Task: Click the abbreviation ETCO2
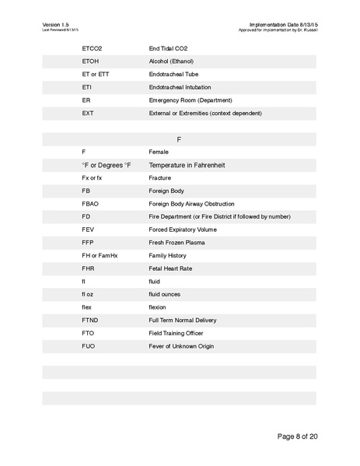[92, 48]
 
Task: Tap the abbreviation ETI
[86, 87]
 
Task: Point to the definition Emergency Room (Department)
[189, 100]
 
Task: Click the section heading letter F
[179, 139]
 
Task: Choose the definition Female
[159, 152]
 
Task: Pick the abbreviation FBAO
[89, 204]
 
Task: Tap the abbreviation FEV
[88, 229]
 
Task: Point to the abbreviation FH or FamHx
[100, 255]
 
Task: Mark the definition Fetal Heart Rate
[170, 268]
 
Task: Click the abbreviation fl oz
[89, 294]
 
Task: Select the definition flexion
[158, 307]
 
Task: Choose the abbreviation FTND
[89, 321]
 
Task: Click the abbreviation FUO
[89, 346]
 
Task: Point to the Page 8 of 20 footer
[298, 436]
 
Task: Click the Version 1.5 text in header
[57, 25]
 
